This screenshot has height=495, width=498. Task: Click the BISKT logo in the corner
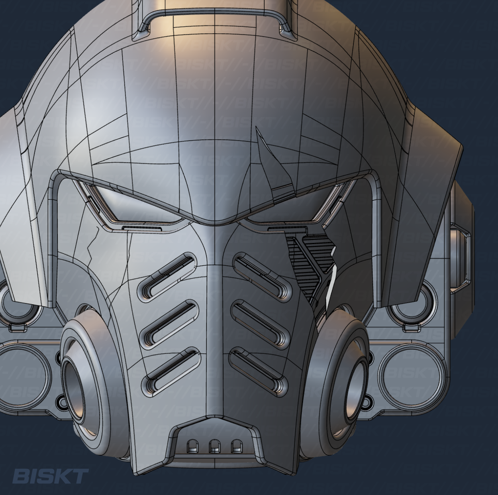[50, 477]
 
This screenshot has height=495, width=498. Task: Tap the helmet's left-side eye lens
[137, 205]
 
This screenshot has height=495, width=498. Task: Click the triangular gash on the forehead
[273, 161]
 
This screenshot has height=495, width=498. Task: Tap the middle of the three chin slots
[214, 445]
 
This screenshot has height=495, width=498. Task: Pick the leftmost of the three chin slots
[193, 445]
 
